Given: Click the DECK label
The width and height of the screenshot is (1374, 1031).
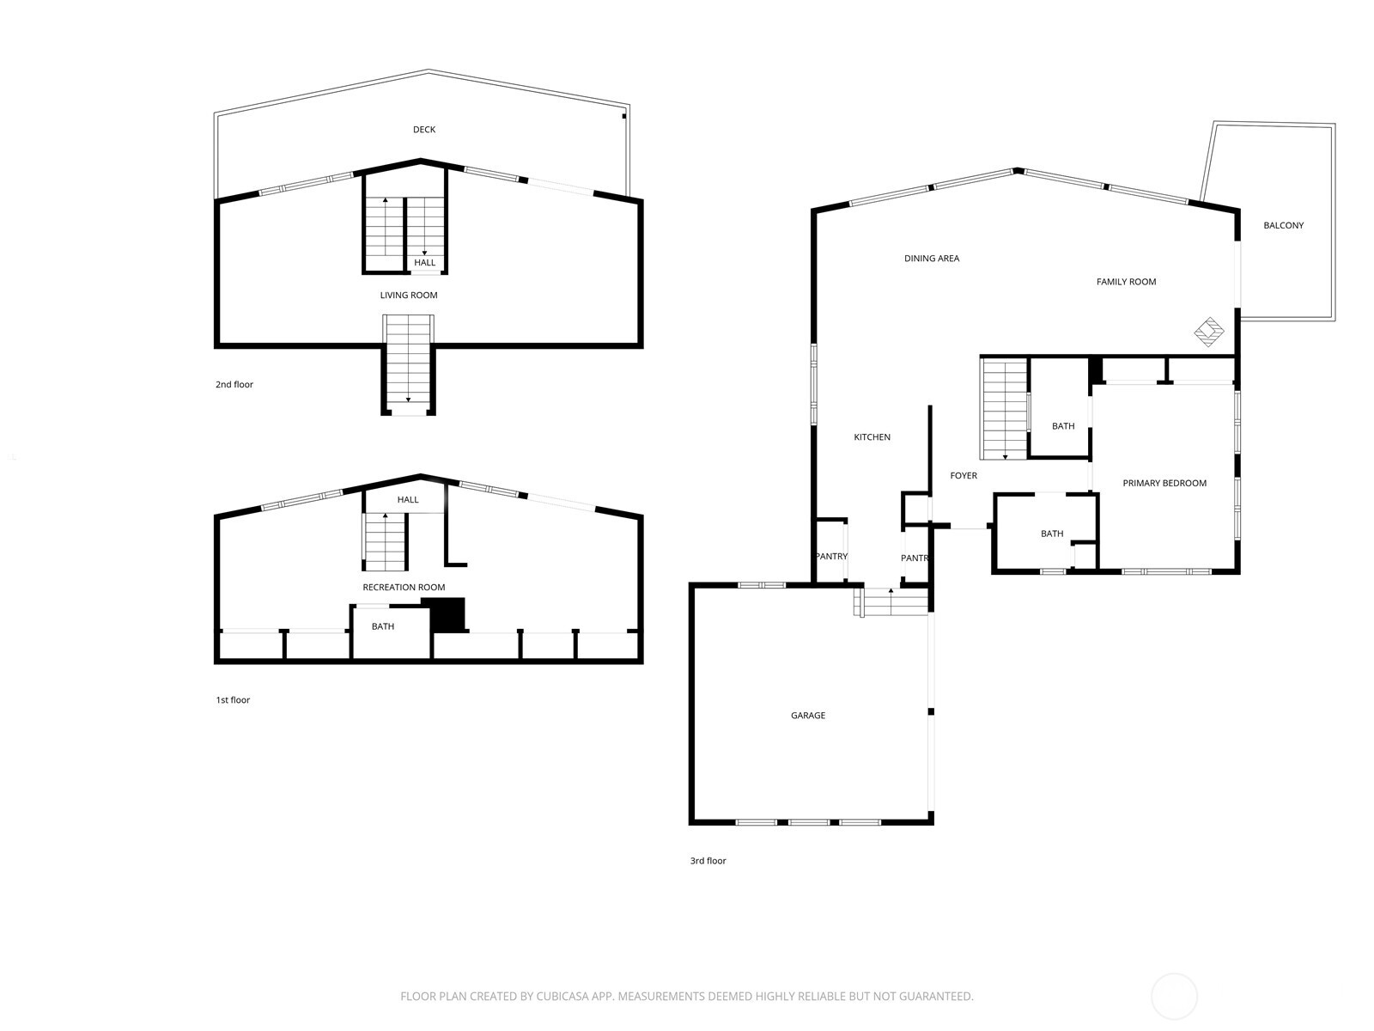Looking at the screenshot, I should [x=424, y=130].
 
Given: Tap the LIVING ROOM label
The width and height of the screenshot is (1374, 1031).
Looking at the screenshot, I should [x=409, y=296].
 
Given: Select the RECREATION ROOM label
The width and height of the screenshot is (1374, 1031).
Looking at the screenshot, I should [x=404, y=588].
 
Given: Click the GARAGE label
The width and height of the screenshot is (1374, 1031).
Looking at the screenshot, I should [x=808, y=716].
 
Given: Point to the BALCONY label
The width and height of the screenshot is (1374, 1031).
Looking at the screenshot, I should [x=1284, y=226].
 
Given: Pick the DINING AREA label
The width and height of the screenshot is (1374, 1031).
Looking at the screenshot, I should [x=932, y=259].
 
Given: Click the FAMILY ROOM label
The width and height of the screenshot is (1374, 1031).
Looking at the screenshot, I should [x=1126, y=282].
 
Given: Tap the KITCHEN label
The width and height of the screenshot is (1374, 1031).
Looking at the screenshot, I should [x=872, y=437].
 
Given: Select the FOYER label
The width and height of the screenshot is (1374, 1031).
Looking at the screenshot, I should [x=964, y=476].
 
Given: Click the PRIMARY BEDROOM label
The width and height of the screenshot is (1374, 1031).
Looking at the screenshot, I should [x=1164, y=484].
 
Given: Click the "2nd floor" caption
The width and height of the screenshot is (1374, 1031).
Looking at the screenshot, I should [x=234, y=385].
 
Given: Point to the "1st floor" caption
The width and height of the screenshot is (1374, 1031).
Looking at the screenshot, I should [x=233, y=700].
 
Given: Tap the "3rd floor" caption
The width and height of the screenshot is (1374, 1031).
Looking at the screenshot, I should [x=708, y=861].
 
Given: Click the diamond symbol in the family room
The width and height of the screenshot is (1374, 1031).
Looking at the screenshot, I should [x=1209, y=332].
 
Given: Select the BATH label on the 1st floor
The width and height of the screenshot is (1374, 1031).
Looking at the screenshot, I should [x=383, y=627].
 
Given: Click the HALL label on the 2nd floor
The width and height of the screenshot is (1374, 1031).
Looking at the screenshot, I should [x=425, y=263].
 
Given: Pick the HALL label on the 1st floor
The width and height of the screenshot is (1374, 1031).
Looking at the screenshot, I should [x=408, y=500].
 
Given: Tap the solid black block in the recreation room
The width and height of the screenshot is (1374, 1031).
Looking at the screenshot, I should [x=447, y=615].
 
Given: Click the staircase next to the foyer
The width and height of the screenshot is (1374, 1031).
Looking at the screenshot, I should [x=1005, y=410].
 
